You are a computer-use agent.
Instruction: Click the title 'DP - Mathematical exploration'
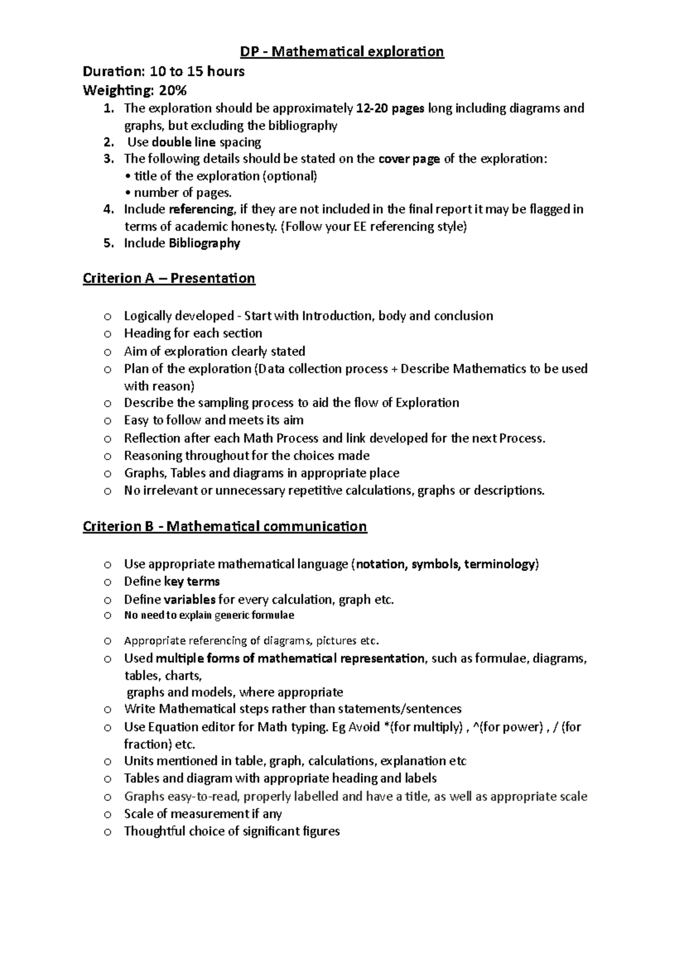pyautogui.click(x=341, y=52)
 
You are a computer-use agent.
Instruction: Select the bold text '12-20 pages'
pyautogui.click(x=389, y=108)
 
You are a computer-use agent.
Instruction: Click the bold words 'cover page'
pyautogui.click(x=409, y=159)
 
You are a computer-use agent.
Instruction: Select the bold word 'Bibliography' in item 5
pyautogui.click(x=204, y=243)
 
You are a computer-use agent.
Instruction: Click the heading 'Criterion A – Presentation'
pyautogui.click(x=169, y=278)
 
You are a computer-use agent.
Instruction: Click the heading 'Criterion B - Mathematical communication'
pyautogui.click(x=225, y=526)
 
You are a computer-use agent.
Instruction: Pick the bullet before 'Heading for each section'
pyautogui.click(x=107, y=334)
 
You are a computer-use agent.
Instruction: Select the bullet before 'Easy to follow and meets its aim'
pyautogui.click(x=107, y=421)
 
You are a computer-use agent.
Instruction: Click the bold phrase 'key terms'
pyautogui.click(x=192, y=581)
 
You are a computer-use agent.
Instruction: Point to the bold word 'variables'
pyautogui.click(x=189, y=600)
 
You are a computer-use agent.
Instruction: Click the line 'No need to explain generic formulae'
pyautogui.click(x=209, y=615)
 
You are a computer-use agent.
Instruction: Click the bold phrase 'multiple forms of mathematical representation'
pyautogui.click(x=290, y=658)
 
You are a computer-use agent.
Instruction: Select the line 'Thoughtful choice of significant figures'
pyautogui.click(x=231, y=831)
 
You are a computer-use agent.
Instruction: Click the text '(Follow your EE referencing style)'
pyautogui.click(x=374, y=227)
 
